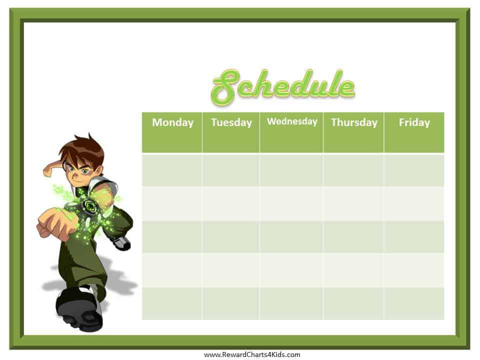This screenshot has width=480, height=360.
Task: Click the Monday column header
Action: [x=172, y=132]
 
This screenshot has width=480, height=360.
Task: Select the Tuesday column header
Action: [x=231, y=132]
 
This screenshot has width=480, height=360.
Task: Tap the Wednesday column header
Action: [x=291, y=132]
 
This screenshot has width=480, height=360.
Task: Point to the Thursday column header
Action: [x=353, y=132]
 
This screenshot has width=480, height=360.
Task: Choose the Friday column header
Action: [x=414, y=132]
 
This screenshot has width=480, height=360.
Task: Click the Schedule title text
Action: [x=283, y=86]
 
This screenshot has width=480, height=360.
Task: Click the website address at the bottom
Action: [x=252, y=355]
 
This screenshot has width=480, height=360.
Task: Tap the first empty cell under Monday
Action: [x=172, y=170]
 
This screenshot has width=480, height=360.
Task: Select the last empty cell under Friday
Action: [x=414, y=303]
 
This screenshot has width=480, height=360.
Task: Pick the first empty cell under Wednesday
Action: [x=291, y=170]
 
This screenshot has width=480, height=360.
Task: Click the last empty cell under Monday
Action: [x=172, y=303]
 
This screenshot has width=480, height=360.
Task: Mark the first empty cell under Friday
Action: [x=414, y=170]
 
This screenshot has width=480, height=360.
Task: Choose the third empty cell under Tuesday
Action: [x=231, y=236]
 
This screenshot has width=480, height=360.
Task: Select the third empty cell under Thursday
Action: [x=353, y=236]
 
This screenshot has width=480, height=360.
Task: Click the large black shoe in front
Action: [x=79, y=309]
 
